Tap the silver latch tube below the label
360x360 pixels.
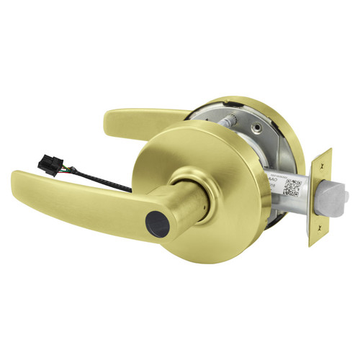[x=288, y=209]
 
